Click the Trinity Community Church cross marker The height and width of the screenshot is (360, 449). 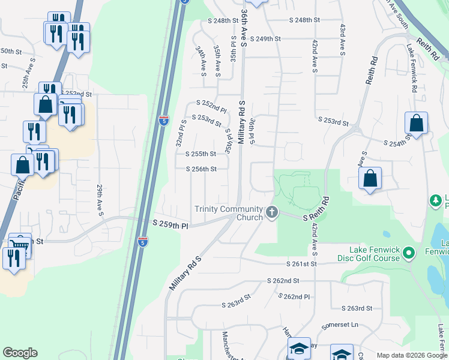[x=272, y=212]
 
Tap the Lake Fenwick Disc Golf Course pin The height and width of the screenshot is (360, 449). [x=410, y=253]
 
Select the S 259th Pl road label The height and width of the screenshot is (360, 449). [x=170, y=224]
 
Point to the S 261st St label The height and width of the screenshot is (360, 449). [x=301, y=264]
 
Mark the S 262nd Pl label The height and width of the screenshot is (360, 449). [x=295, y=296]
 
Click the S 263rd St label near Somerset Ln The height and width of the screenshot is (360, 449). [x=357, y=308]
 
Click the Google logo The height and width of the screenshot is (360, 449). [x=20, y=353]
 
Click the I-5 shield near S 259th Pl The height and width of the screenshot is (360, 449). [x=142, y=242]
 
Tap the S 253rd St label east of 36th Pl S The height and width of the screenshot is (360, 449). [x=334, y=122]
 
